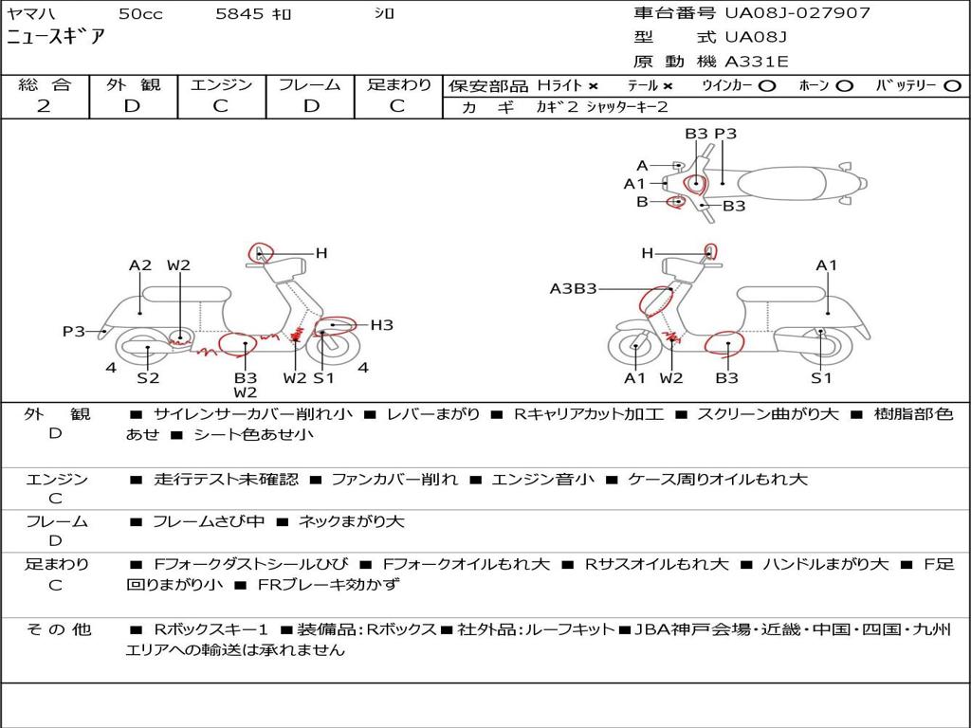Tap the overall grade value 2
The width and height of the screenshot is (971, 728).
tap(44, 106)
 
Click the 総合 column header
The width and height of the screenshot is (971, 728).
tap(45, 84)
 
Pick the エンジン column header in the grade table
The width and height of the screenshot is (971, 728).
tap(221, 84)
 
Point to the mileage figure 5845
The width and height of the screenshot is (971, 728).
tap(239, 13)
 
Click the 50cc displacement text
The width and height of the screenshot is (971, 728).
tap(140, 13)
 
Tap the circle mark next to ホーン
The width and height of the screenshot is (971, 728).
tap(844, 86)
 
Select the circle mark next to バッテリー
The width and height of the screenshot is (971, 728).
tap(952, 86)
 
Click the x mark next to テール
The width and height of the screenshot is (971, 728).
tap(667, 86)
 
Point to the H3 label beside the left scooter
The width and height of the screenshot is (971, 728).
tap(382, 325)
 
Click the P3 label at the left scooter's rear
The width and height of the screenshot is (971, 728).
tap(74, 331)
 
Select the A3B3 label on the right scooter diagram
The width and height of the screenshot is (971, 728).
tap(573, 288)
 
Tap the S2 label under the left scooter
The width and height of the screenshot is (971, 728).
tap(148, 377)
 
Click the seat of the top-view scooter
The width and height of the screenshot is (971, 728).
tap(781, 184)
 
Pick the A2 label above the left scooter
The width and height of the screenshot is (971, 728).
tap(140, 265)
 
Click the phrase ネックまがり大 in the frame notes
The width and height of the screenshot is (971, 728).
tap(351, 522)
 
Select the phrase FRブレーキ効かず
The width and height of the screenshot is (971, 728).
tap(329, 584)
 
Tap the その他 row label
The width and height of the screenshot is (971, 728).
tap(59, 629)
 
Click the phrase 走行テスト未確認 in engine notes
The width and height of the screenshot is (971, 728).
tap(226, 479)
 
